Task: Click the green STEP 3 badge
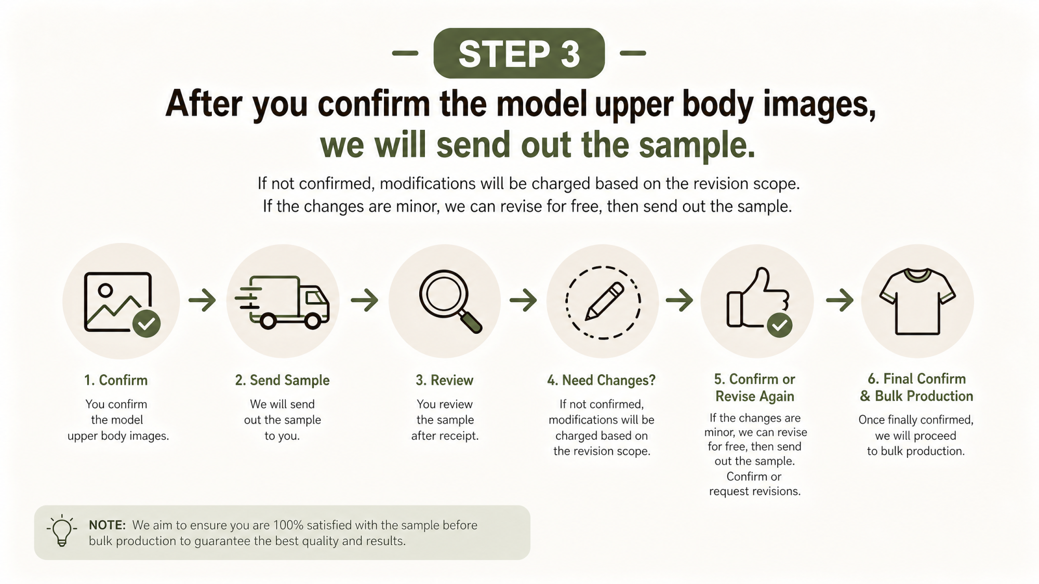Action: [519, 53]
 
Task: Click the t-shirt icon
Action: [917, 301]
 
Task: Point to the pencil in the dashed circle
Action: [605, 301]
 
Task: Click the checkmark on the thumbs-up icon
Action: [779, 325]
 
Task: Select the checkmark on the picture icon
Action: [146, 323]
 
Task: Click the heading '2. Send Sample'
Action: [282, 380]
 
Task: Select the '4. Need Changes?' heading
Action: [601, 380]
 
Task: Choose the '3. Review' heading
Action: [444, 380]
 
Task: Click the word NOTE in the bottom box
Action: [107, 525]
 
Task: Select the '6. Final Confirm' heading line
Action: [916, 378]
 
